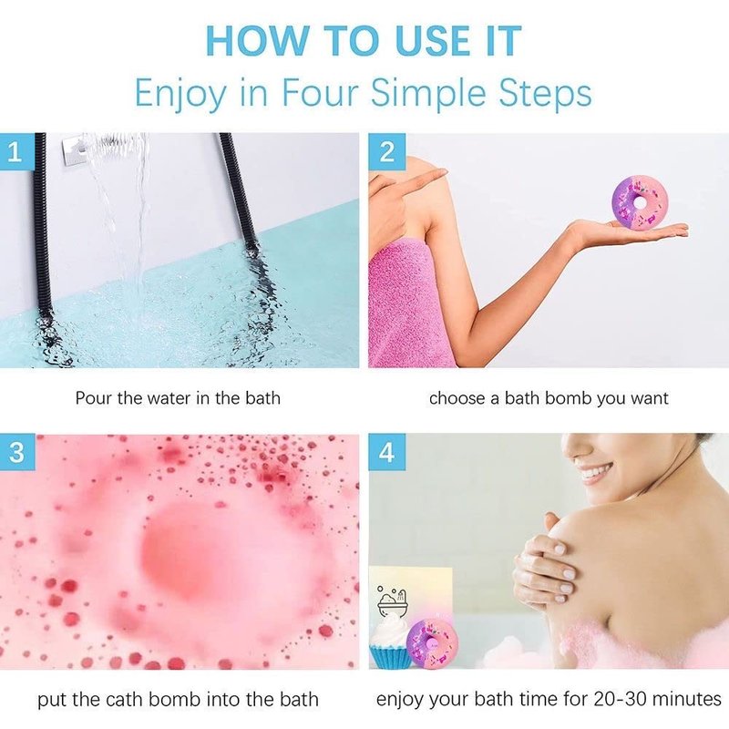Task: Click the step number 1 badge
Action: point(16,151)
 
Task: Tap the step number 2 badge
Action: point(386,151)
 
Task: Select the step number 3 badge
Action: point(16,452)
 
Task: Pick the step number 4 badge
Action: point(386,452)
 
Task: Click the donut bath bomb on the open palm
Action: point(641,203)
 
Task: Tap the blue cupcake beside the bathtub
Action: point(390,641)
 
